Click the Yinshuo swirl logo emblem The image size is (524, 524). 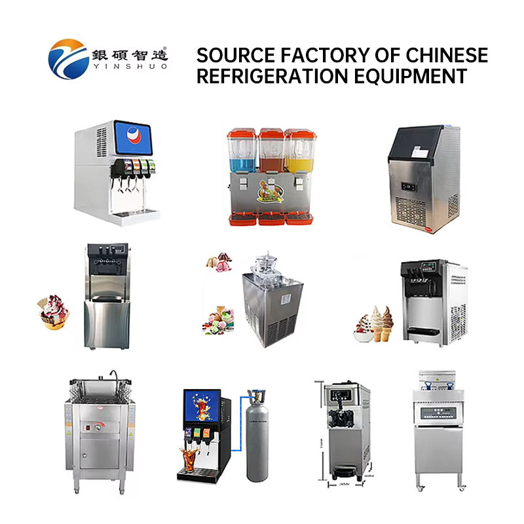point(69,57)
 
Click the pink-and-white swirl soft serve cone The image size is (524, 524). point(365,326)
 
